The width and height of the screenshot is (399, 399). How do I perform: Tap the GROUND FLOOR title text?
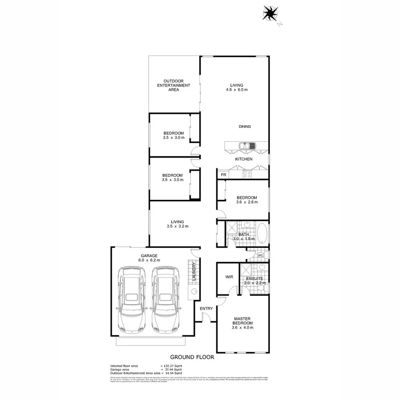(x=192, y=356)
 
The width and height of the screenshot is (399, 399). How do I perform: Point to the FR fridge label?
(x=223, y=175)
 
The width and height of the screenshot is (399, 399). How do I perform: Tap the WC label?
(x=261, y=255)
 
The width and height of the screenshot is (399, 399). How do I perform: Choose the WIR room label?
(x=229, y=277)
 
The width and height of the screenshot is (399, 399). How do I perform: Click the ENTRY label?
(x=206, y=309)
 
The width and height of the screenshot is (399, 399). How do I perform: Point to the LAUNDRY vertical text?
(x=194, y=272)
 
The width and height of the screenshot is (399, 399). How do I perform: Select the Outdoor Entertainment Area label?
(x=173, y=85)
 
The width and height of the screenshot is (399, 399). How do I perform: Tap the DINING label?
(x=245, y=127)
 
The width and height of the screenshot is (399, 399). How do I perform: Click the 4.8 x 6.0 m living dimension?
(x=236, y=90)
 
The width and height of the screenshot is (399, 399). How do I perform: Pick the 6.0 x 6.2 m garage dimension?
(x=150, y=260)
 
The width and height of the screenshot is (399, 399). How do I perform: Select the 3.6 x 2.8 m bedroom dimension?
(x=246, y=202)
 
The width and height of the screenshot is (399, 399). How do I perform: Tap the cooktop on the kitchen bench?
(x=246, y=174)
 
